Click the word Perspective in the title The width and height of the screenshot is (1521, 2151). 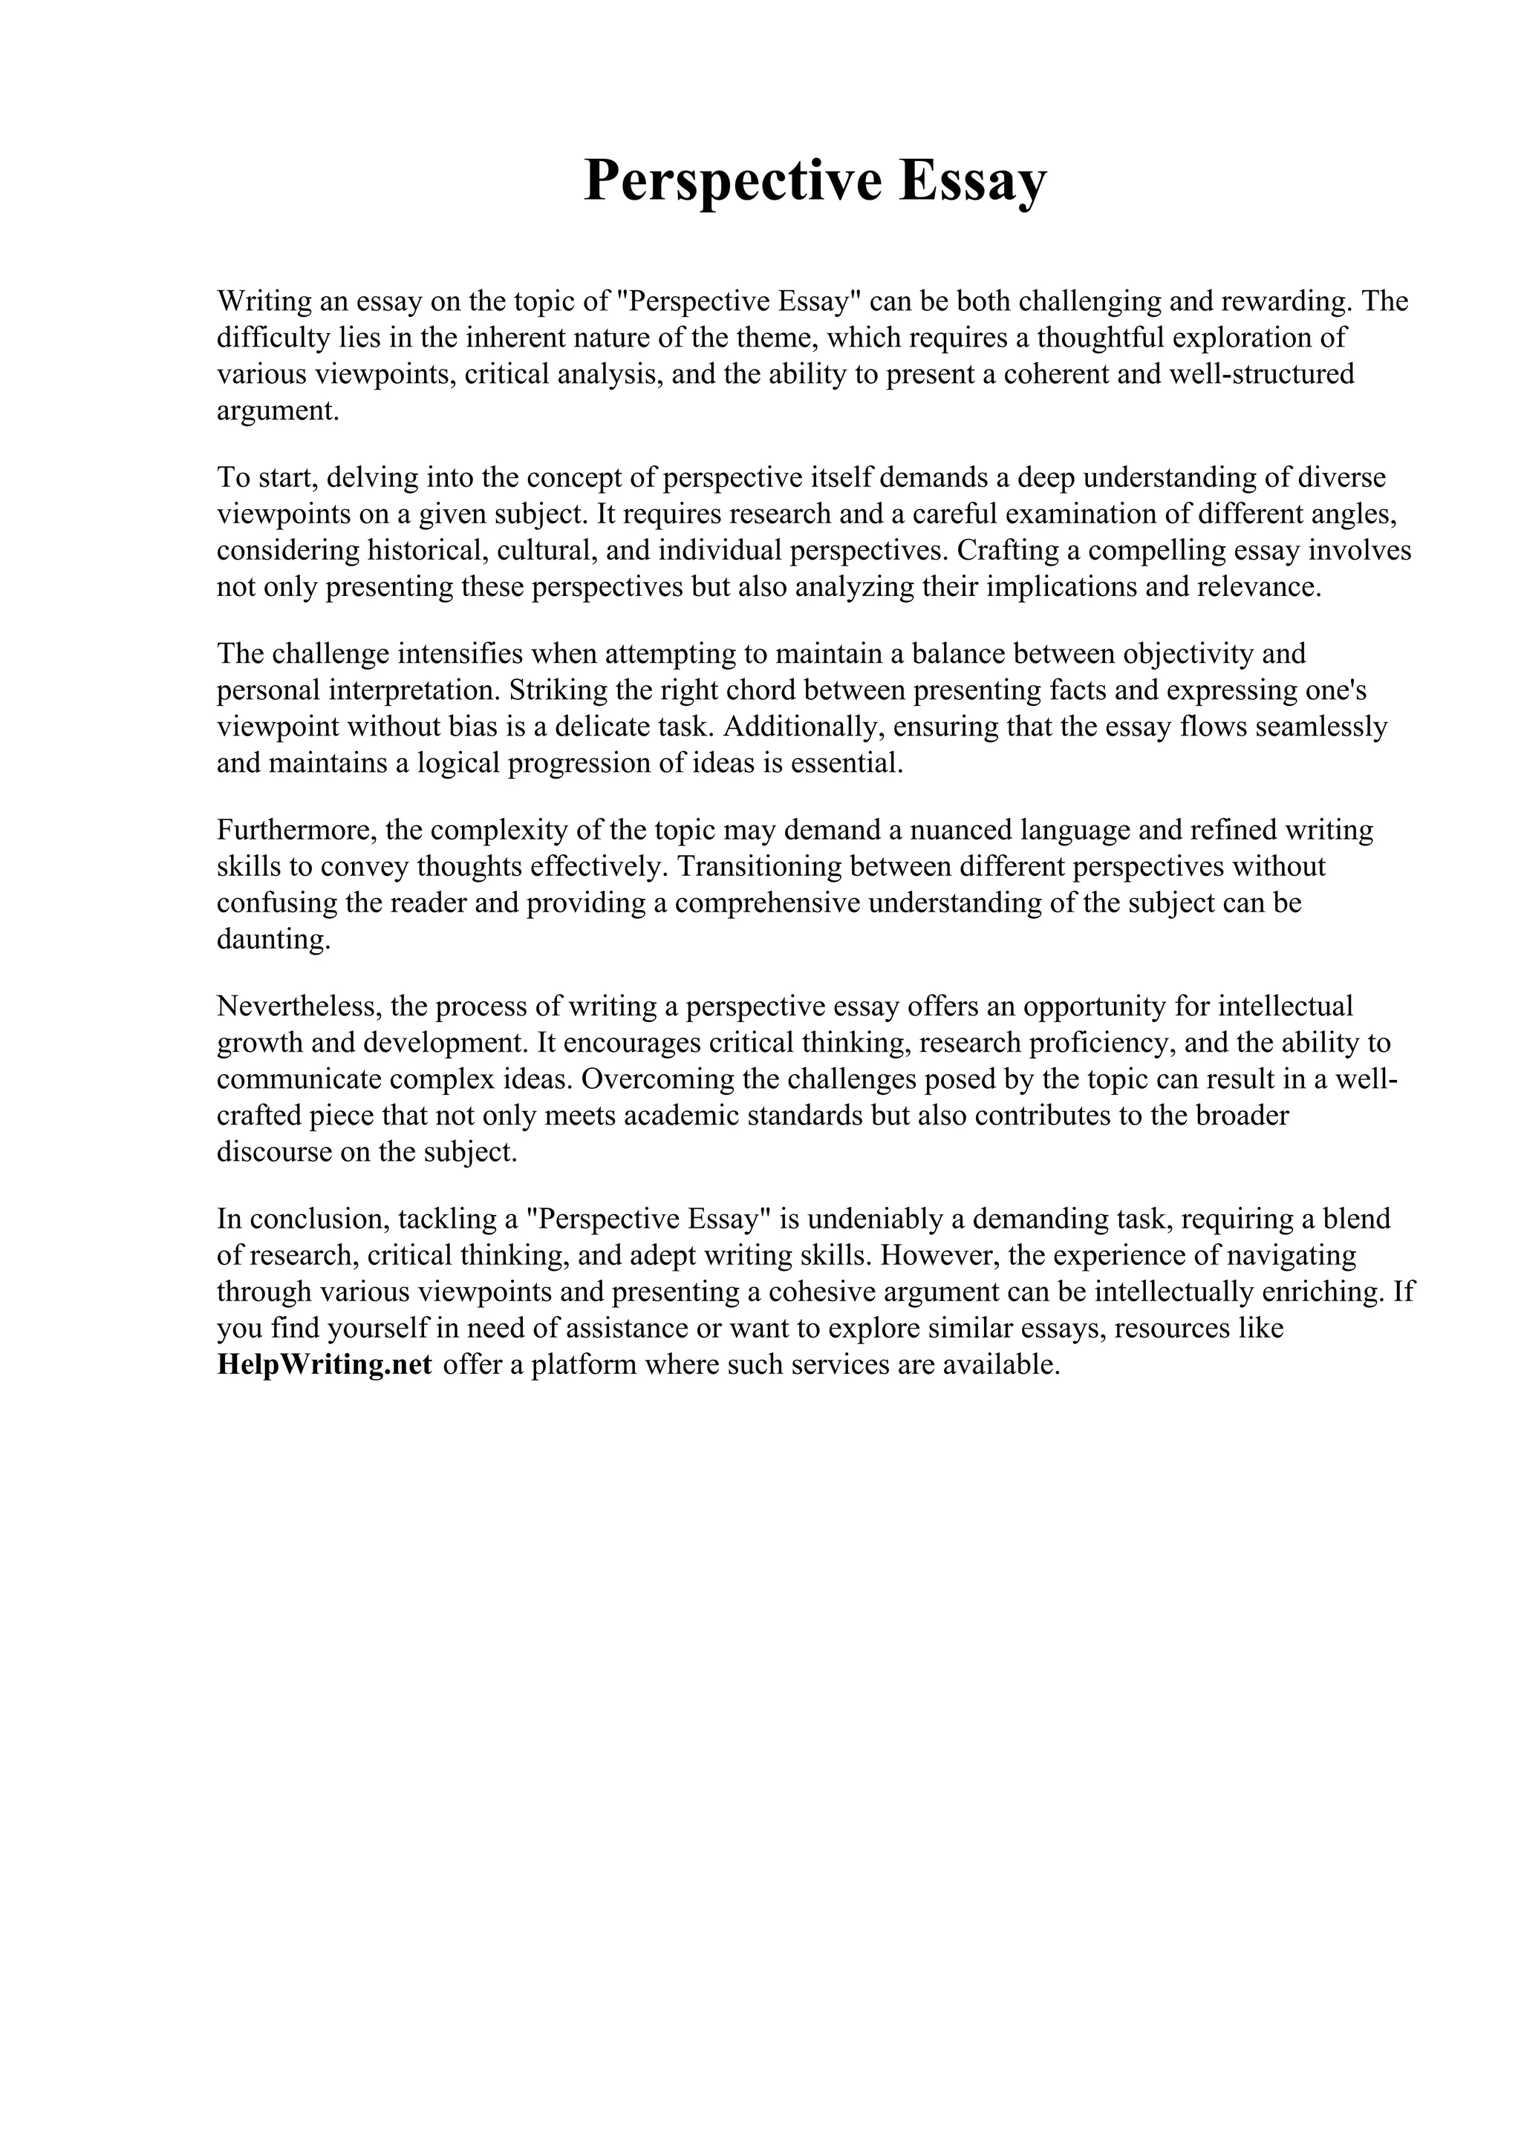point(732,181)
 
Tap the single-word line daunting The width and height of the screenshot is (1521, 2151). point(273,940)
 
